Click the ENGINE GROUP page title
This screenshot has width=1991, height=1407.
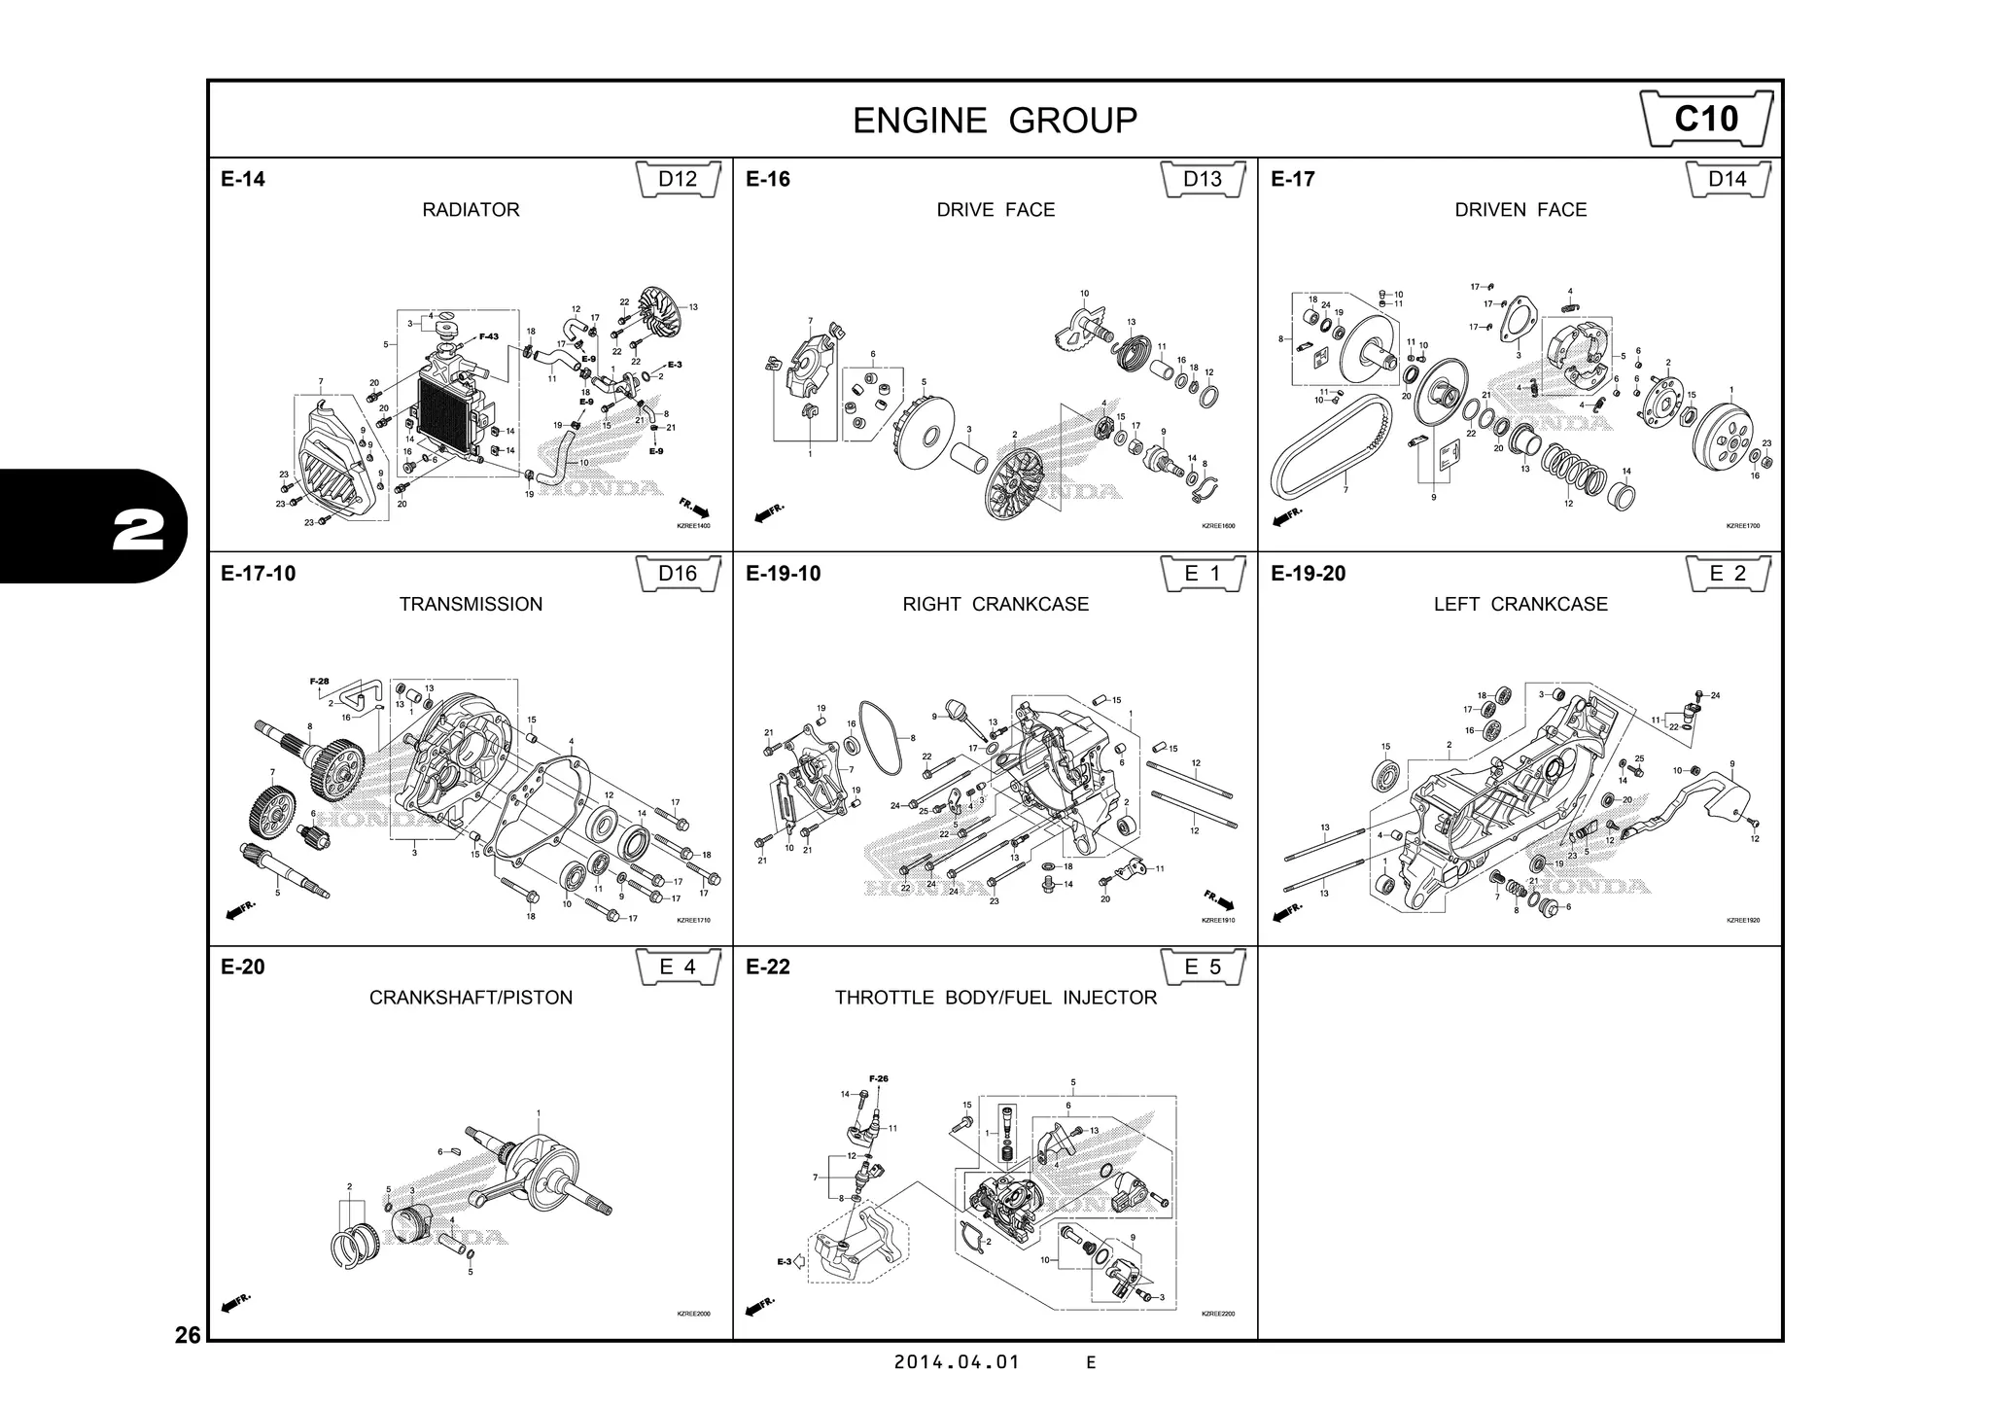(x=995, y=121)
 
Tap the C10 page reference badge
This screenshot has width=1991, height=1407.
(x=1706, y=119)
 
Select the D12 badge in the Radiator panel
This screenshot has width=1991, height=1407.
(x=678, y=179)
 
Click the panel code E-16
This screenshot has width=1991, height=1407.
(x=768, y=179)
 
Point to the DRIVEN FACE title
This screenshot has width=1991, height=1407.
(x=1519, y=210)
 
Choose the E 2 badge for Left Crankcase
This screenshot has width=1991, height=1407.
(x=1727, y=574)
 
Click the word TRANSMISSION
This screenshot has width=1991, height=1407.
(x=471, y=604)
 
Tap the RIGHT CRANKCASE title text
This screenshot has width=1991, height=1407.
(x=995, y=604)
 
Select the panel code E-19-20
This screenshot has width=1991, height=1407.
(x=1308, y=574)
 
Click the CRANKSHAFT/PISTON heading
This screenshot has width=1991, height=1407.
(x=471, y=998)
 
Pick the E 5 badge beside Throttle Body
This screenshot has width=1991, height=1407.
(x=1203, y=967)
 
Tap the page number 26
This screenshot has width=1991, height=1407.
(x=188, y=1335)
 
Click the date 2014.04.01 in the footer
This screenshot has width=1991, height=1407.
(x=957, y=1362)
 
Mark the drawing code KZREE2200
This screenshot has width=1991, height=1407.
(x=1217, y=1314)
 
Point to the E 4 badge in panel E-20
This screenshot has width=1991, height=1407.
(x=678, y=967)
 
